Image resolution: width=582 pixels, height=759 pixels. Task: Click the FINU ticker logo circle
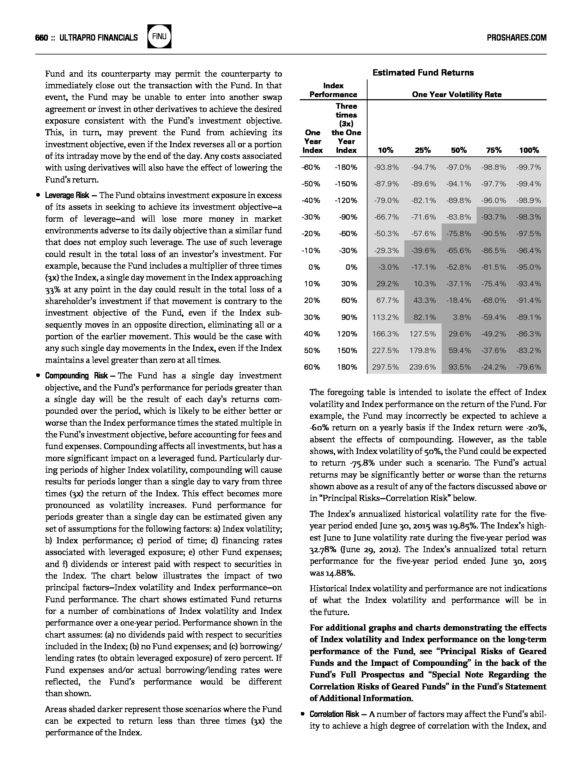(x=159, y=36)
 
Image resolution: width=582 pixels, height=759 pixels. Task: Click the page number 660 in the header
(x=41, y=37)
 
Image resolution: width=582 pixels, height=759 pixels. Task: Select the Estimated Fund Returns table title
(x=423, y=73)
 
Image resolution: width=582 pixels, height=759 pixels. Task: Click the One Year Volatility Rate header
(x=456, y=95)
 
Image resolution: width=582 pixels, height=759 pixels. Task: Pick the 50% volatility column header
(x=459, y=150)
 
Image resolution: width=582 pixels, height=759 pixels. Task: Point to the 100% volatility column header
(x=529, y=150)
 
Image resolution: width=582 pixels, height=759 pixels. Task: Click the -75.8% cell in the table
(x=459, y=234)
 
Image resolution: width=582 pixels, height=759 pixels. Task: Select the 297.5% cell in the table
(x=386, y=367)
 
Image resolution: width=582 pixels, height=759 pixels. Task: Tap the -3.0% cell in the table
(x=388, y=267)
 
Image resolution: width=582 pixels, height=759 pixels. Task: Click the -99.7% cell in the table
(x=529, y=167)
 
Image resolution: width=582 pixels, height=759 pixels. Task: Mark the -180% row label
(x=346, y=167)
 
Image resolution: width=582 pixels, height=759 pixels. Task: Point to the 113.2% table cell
(x=386, y=317)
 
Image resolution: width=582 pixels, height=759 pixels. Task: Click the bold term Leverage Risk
(x=67, y=196)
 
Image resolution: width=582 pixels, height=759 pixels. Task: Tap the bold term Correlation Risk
(x=334, y=715)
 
